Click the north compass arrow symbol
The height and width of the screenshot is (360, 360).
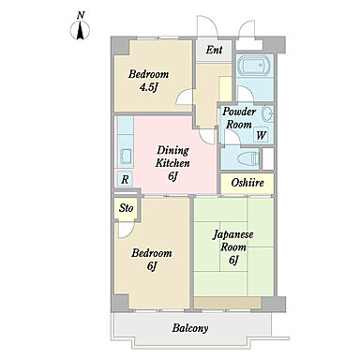click(81, 30)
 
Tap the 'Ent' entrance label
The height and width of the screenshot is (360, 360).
click(214, 50)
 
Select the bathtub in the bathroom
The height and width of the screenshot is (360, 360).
click(254, 66)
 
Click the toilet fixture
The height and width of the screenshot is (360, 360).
click(248, 158)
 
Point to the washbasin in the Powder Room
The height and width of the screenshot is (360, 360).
click(267, 113)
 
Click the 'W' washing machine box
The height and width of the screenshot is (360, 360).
click(261, 135)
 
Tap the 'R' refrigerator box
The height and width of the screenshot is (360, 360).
click(125, 179)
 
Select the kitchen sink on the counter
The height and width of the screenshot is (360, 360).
click(126, 156)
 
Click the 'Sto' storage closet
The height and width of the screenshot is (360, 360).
click(127, 208)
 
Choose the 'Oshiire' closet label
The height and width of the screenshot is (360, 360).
click(247, 183)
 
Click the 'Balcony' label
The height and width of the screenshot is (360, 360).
click(190, 328)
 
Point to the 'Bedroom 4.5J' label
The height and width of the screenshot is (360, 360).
click(148, 81)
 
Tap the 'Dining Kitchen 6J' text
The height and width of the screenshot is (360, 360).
click(172, 163)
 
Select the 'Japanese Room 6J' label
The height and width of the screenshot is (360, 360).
click(233, 247)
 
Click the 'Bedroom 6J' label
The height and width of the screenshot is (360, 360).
click(152, 259)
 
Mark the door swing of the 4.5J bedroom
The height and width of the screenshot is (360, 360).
click(185, 97)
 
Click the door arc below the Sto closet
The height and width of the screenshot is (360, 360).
click(127, 231)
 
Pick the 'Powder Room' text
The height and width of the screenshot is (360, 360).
click(239, 118)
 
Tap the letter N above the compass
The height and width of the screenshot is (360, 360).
click(81, 15)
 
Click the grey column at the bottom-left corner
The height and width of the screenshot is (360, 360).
click(120, 303)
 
